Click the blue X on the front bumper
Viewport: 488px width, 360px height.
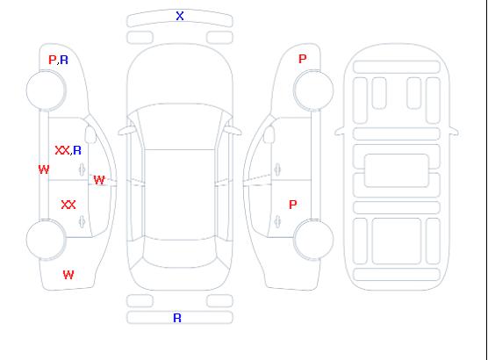(180, 16)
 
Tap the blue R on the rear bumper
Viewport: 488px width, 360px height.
(177, 318)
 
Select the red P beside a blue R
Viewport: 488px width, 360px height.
(53, 60)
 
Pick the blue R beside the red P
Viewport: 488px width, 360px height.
(64, 60)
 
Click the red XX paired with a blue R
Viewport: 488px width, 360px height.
(62, 150)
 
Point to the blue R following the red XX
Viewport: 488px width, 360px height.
(77, 150)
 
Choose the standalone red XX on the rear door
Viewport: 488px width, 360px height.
(68, 205)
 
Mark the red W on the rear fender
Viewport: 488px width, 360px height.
(68, 275)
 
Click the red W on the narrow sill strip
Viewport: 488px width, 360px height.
(44, 169)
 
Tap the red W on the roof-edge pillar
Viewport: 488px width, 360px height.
(99, 180)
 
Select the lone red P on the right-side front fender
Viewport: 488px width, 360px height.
(303, 59)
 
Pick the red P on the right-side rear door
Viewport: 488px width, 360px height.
(293, 205)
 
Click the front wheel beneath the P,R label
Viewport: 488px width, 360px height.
(46, 90)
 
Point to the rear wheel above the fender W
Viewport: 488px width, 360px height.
(46, 240)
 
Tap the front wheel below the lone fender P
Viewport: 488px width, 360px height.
(313, 90)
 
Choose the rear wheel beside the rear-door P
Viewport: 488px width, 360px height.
(313, 240)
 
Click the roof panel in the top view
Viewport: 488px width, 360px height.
(180, 195)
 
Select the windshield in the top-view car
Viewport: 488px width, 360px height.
(180, 126)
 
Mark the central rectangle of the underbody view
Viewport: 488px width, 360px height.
(397, 170)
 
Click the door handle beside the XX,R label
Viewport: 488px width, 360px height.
(83, 169)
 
